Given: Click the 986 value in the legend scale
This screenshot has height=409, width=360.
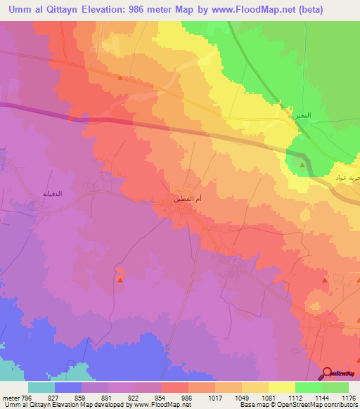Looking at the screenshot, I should tap(186, 397).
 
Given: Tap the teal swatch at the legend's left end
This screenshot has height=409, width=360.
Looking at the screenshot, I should tap(41, 387).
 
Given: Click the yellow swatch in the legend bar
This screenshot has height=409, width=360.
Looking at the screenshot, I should tap(281, 387).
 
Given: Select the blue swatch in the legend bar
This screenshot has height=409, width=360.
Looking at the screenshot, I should tap(68, 387).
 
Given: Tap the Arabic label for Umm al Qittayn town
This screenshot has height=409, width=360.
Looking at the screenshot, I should tap(188, 200).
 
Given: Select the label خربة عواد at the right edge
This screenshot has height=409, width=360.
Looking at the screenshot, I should tap(349, 178).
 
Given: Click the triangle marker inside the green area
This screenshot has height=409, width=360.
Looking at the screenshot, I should tap(303, 164).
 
